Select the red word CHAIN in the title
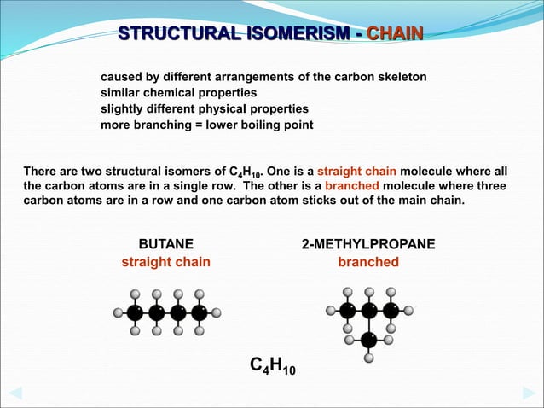396,34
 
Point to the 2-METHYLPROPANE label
368,244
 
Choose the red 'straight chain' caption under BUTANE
165,262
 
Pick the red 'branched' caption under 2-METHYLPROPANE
368,262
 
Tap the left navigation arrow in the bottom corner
14,393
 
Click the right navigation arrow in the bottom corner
529,393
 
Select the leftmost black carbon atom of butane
135,312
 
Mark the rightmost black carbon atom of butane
199,312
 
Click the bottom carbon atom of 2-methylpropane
368,340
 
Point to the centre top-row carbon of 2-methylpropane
368,310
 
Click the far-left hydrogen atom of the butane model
118,312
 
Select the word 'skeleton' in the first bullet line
399,77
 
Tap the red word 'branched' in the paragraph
350,186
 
